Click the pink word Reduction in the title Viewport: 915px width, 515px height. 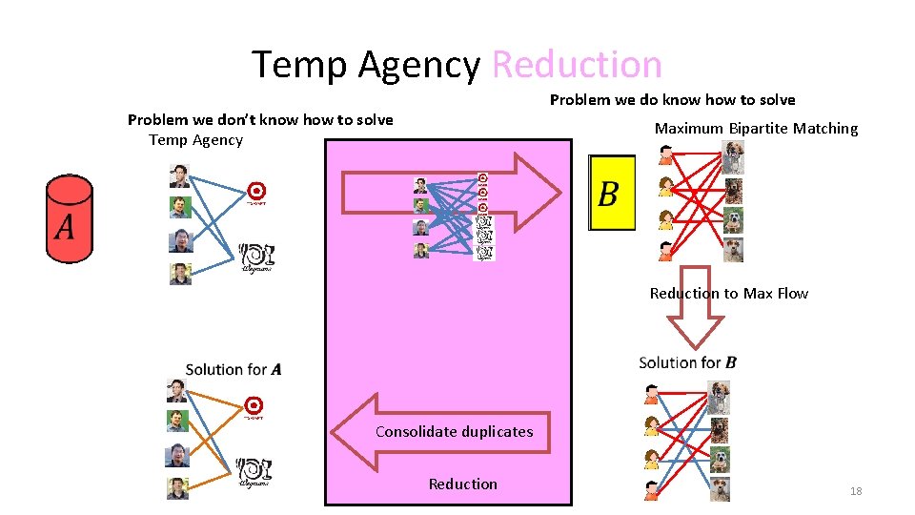(577, 65)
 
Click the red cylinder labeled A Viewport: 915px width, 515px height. (70, 218)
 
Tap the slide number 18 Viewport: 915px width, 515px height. (855, 491)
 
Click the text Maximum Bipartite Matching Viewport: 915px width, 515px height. (755, 129)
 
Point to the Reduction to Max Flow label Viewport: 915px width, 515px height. (728, 294)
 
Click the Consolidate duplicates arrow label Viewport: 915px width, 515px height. (454, 432)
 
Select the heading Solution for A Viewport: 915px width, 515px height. (233, 369)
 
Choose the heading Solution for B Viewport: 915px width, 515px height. (686, 362)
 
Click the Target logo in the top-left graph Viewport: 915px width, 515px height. (255, 192)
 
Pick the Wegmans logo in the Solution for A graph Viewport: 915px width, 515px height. (254, 471)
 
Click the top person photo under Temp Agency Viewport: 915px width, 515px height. (180, 175)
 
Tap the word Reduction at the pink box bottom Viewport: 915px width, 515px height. (462, 484)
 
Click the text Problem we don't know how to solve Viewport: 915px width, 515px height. (259, 120)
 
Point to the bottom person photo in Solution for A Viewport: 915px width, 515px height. (178, 487)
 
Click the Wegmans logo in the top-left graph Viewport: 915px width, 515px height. (256, 256)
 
